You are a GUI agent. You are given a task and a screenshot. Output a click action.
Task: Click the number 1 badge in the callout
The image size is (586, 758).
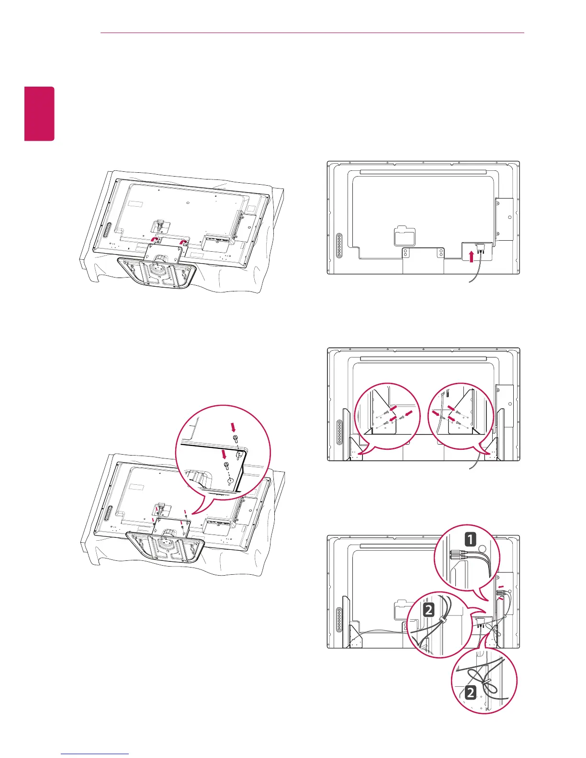click(471, 540)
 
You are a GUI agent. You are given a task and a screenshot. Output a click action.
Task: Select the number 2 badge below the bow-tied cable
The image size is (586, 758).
click(471, 692)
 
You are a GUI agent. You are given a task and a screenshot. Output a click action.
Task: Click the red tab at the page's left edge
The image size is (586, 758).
click(40, 113)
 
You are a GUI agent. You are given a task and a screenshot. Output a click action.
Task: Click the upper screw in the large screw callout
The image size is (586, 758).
click(235, 438)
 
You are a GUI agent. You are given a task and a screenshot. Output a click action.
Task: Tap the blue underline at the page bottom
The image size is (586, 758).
click(96, 754)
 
